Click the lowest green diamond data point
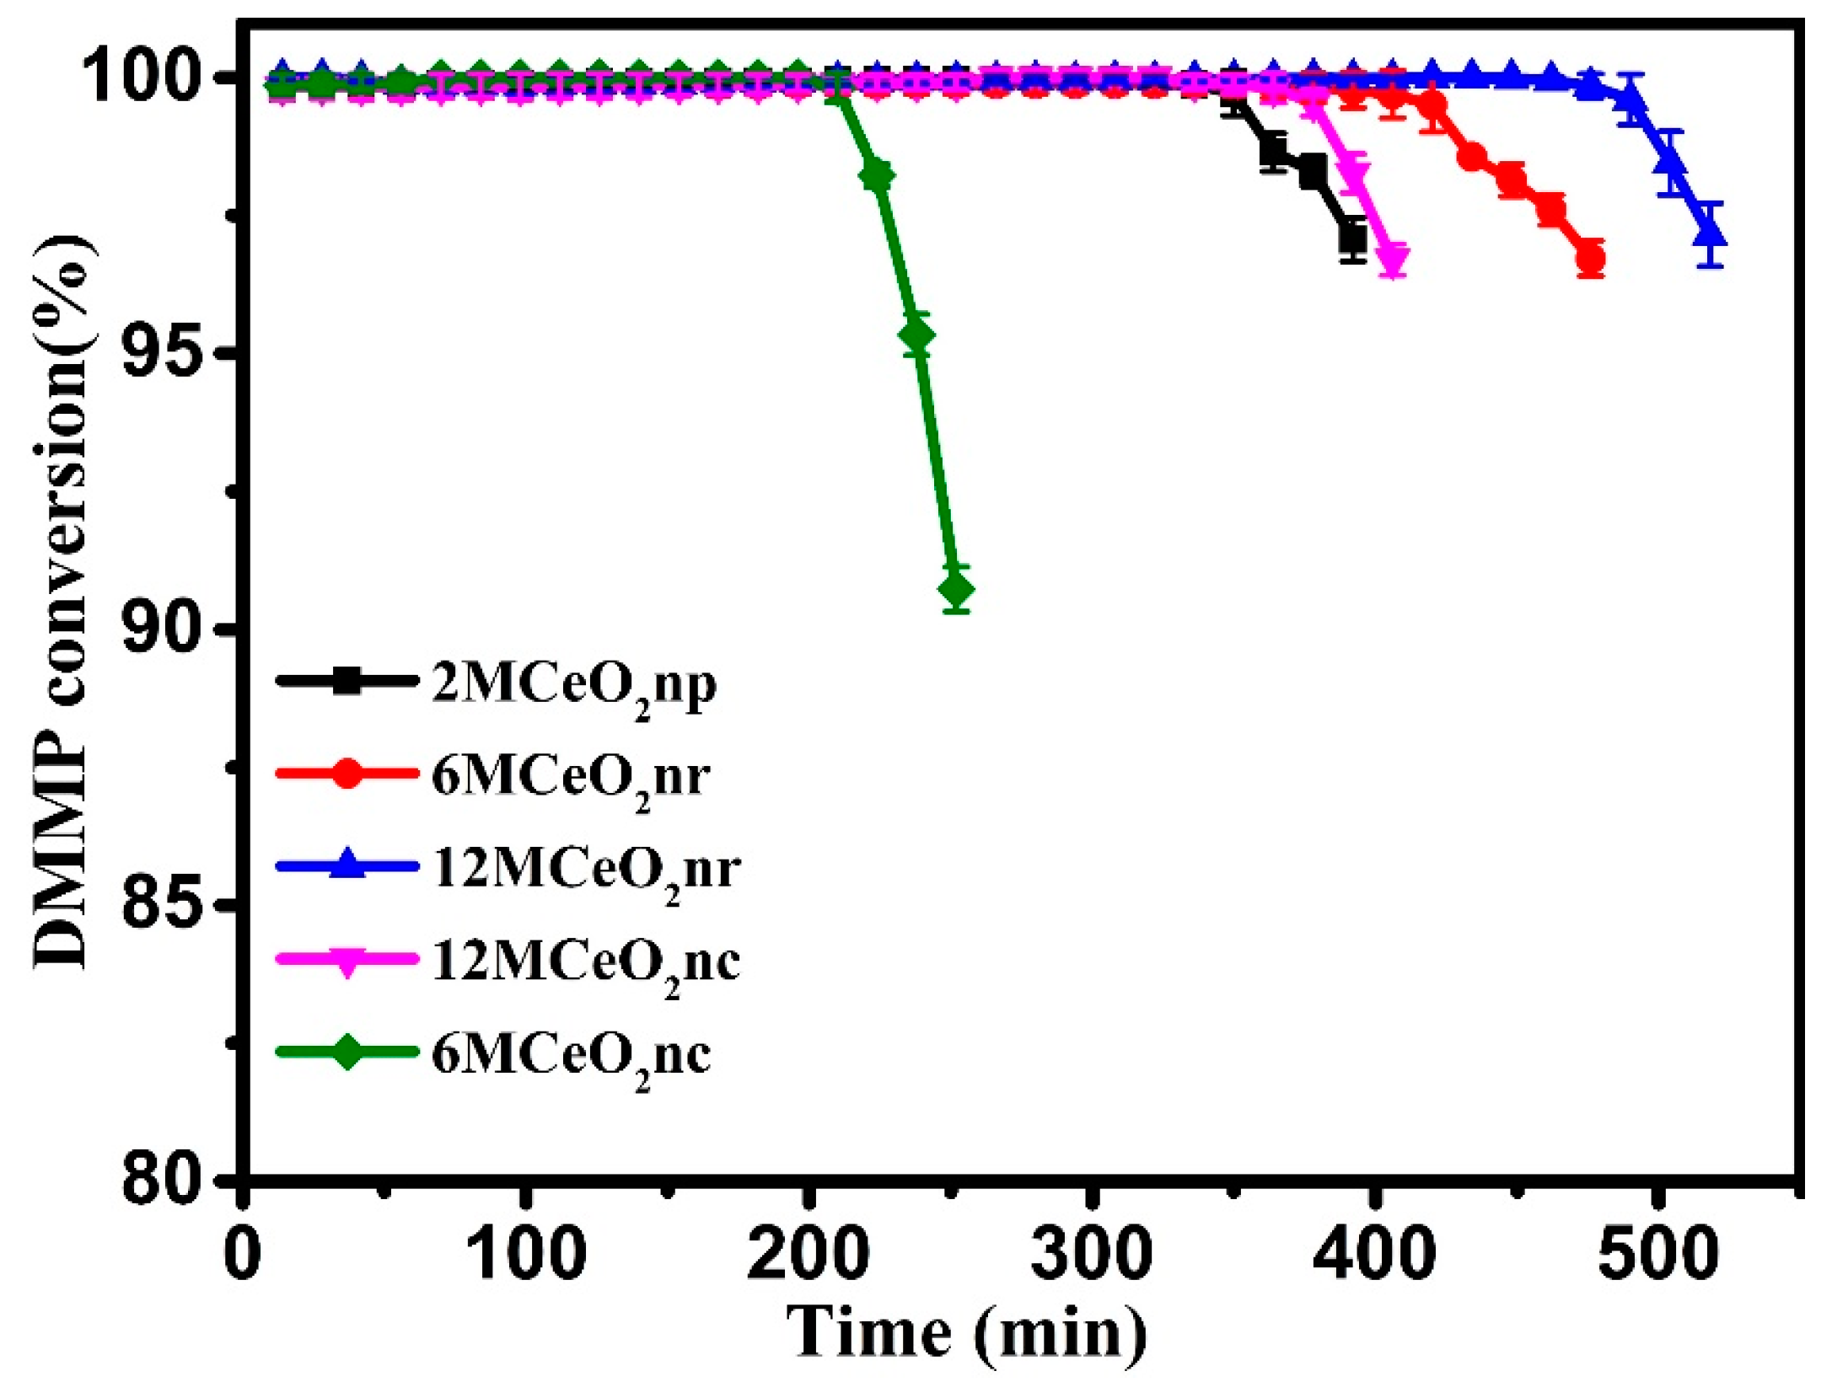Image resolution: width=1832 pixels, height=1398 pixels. (x=955, y=590)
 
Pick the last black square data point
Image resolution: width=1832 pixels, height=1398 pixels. (x=1352, y=239)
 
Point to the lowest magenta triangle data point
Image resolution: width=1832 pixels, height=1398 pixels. (x=1394, y=259)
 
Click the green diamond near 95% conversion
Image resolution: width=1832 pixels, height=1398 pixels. (x=916, y=335)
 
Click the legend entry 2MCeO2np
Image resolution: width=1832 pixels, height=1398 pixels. (x=573, y=685)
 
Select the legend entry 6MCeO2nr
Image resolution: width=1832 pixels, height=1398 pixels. (x=570, y=777)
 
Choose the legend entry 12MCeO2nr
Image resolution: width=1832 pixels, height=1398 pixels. (x=586, y=870)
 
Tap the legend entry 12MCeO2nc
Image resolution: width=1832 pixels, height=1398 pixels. (x=586, y=962)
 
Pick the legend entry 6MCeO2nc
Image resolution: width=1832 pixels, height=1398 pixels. (x=571, y=1055)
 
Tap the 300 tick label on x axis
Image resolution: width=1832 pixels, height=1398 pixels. (x=1091, y=1254)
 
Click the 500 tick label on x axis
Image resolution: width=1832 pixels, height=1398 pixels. (x=1657, y=1254)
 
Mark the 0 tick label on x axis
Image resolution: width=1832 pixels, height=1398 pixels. (x=243, y=1254)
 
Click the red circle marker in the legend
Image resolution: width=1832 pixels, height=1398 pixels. (x=347, y=774)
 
